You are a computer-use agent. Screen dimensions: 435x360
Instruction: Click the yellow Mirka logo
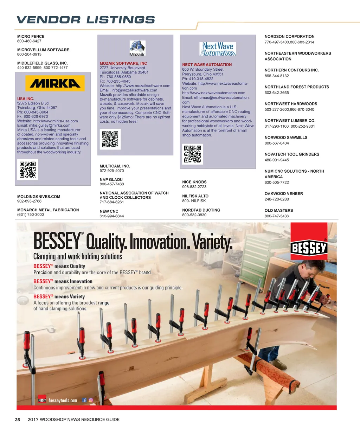pos(55,83)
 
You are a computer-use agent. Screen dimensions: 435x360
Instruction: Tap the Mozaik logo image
pos(137,48)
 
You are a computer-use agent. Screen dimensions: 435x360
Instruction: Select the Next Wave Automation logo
pos(218,49)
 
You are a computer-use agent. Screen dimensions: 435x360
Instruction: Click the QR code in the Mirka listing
pos(27,169)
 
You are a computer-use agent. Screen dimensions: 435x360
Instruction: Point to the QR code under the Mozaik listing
pos(110,139)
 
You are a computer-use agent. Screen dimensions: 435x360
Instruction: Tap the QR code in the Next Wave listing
pos(193,154)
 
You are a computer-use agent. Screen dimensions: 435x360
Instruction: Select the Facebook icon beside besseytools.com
pos(84,400)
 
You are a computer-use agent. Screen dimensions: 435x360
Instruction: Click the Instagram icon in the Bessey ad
pos(91,400)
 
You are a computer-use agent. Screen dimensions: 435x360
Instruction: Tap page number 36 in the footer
pos(18,420)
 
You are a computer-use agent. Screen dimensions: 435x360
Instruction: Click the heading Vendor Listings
pos(85,20)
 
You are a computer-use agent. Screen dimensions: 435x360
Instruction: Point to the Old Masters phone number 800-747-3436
pos(277,216)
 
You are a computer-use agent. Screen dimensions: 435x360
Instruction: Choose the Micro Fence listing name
pos(31,37)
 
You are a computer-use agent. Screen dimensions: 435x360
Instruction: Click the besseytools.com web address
pos(63,401)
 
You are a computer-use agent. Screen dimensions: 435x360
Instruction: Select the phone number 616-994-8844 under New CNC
pos(112,216)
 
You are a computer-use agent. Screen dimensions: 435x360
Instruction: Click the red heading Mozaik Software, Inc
pos(123,64)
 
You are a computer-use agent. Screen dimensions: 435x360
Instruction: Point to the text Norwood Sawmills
pos(286,137)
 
